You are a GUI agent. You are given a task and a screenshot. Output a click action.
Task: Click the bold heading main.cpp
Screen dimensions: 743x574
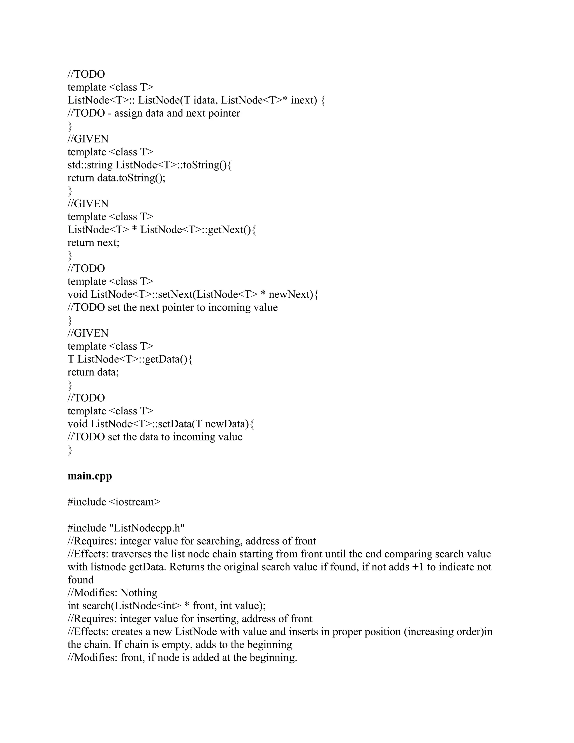90,476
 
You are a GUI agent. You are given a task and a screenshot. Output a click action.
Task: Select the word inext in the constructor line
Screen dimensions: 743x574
304,100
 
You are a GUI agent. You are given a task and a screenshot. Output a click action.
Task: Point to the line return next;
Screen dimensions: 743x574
94,243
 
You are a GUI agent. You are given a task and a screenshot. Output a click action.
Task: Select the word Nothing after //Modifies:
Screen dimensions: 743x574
139,593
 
